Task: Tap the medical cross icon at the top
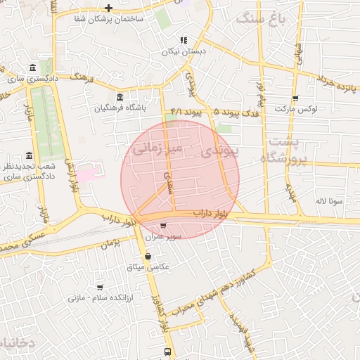(108, 8)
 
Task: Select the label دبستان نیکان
(182, 52)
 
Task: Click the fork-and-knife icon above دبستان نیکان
(183, 40)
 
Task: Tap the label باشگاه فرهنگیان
(122, 109)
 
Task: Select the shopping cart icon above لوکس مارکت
(295, 98)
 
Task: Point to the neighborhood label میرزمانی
(157, 148)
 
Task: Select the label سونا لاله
(329, 200)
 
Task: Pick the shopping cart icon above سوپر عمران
(163, 226)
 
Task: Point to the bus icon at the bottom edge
(167, 351)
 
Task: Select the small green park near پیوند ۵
(224, 127)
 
